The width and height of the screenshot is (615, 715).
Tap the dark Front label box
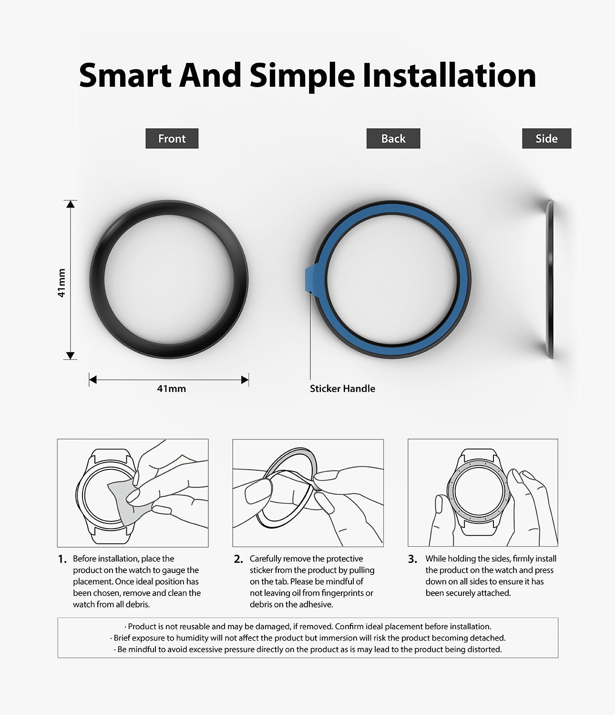click(x=172, y=139)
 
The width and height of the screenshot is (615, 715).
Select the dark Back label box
click(x=393, y=139)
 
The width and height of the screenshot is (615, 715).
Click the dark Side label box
click(x=546, y=139)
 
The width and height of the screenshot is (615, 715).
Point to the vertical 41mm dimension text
click(x=61, y=283)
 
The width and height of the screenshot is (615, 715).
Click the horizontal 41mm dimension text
click(x=172, y=388)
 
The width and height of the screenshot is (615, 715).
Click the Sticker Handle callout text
click(x=342, y=388)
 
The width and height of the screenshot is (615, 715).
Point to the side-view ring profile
click(x=551, y=279)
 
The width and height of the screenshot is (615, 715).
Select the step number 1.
click(x=62, y=559)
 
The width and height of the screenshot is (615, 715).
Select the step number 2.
click(x=238, y=559)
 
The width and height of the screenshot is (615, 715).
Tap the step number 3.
click(x=412, y=559)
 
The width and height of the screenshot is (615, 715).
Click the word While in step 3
click(x=436, y=559)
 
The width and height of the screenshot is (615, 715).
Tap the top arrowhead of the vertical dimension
click(x=71, y=204)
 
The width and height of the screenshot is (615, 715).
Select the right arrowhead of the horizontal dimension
click(x=245, y=380)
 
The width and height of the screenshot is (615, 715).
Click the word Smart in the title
click(x=125, y=75)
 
